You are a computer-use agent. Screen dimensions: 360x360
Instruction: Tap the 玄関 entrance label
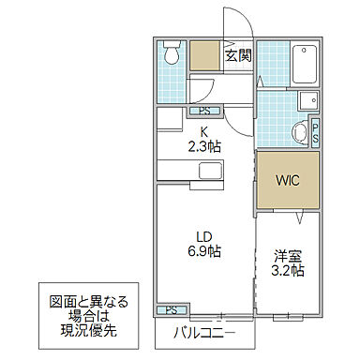pos(237,56)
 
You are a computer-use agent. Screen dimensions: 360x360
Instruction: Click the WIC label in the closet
pos(287,179)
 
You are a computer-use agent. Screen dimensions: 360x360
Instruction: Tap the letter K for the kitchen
pos(205,130)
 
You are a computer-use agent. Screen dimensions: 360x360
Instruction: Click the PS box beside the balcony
pos(171,310)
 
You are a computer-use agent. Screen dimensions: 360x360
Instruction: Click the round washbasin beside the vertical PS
pos(299,132)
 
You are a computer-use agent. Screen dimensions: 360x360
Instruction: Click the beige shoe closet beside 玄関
pos(205,56)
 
